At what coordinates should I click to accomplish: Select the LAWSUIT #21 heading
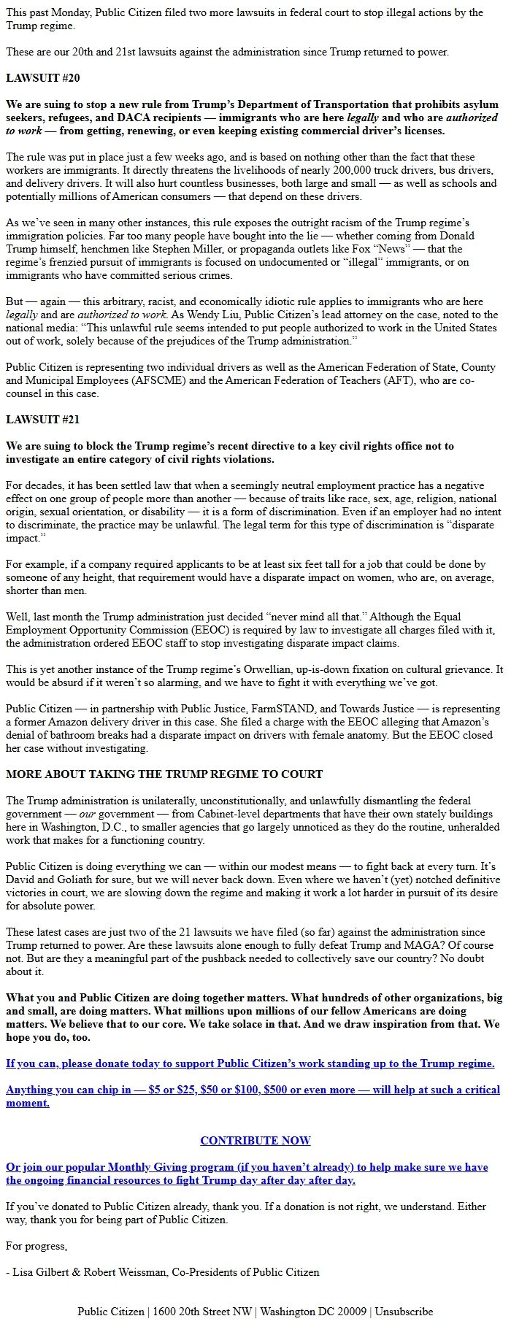pyautogui.click(x=42, y=420)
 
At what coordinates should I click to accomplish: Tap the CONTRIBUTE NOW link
pyautogui.click(x=255, y=1140)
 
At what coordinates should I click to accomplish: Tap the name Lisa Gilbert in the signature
pyautogui.click(x=46, y=1272)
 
